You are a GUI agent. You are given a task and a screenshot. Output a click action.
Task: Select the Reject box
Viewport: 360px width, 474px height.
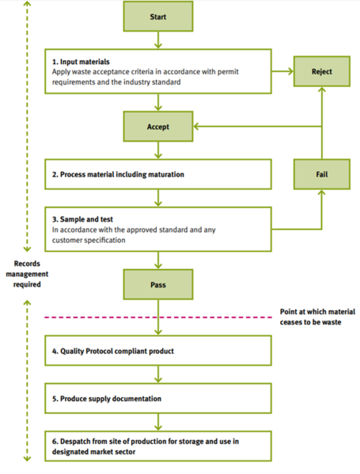[321, 71]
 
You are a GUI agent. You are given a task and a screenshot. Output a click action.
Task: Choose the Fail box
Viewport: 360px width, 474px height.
[321, 174]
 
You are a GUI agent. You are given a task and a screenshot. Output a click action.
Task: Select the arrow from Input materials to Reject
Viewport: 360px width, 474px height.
[282, 72]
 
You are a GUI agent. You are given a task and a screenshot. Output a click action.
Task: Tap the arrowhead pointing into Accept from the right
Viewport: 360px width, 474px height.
[198, 126]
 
